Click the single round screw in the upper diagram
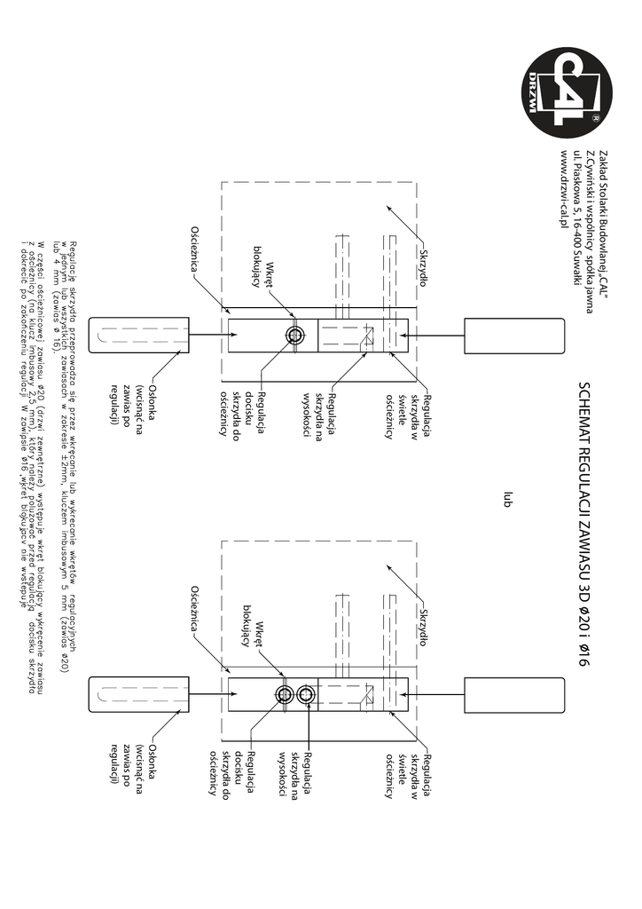[318, 335]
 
